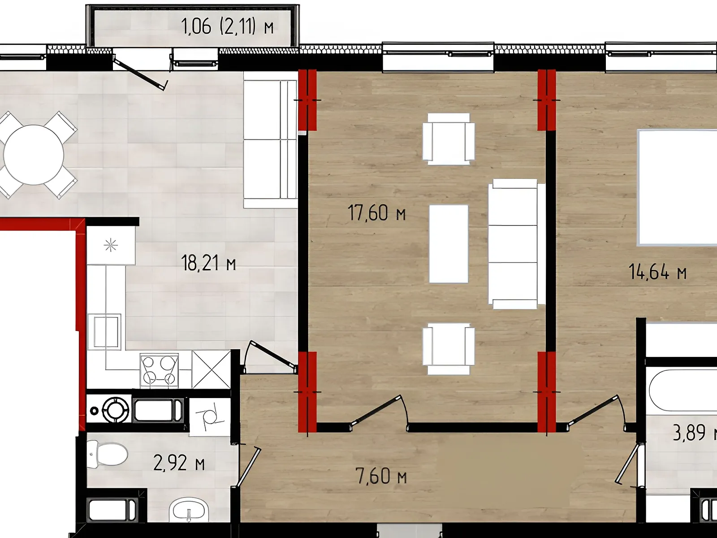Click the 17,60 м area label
(376, 213)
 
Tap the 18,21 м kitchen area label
(209, 263)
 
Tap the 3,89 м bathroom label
(695, 433)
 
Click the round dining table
(33, 155)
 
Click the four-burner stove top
(159, 370)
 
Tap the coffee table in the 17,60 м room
(449, 244)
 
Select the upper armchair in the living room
(449, 139)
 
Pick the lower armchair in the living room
(449, 349)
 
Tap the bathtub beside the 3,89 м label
(682, 390)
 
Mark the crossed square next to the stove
(211, 369)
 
